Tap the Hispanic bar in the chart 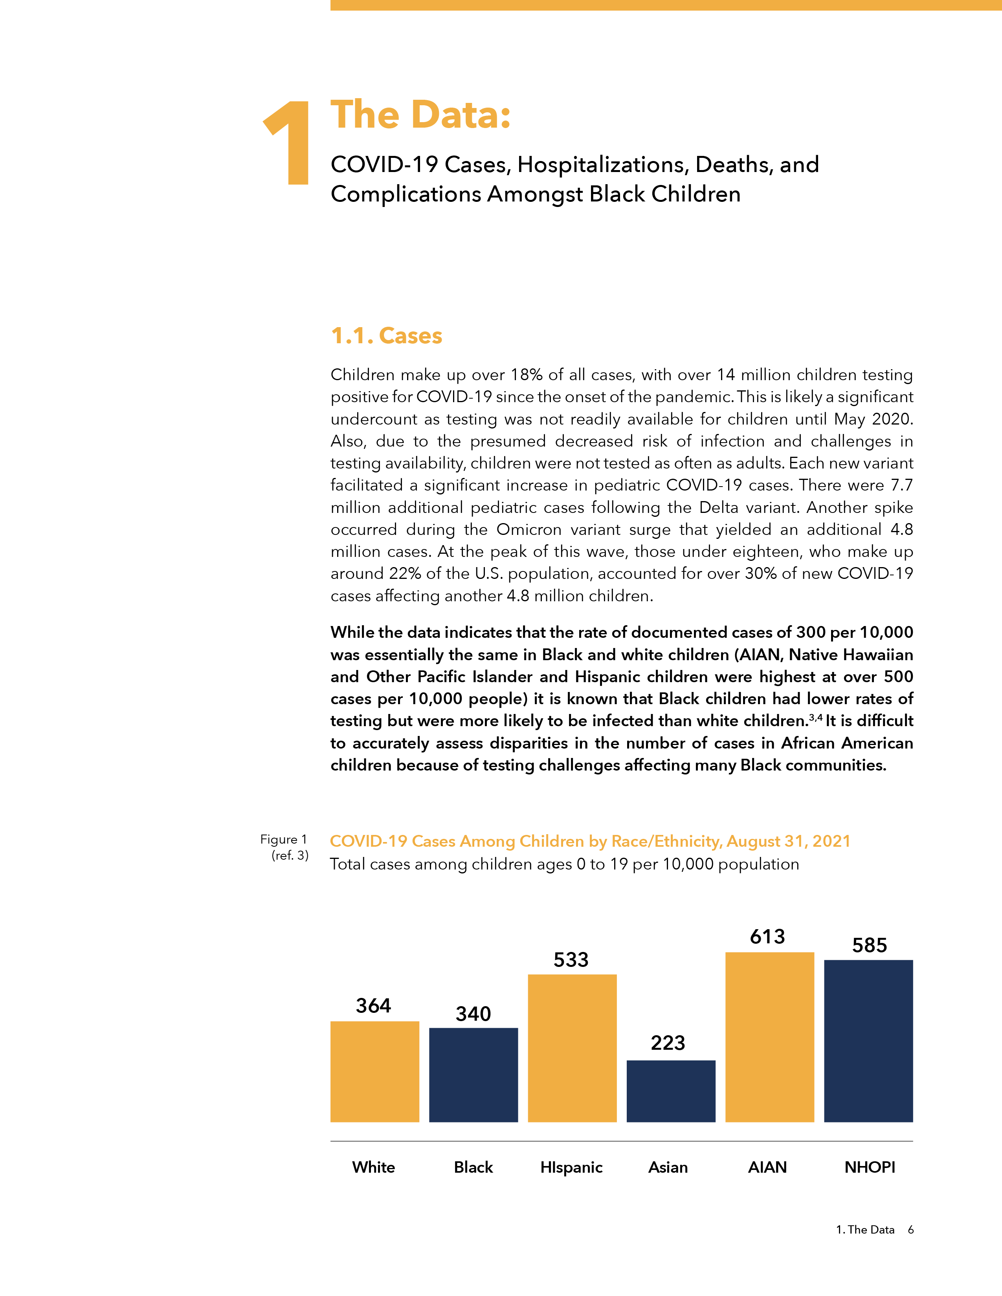(x=572, y=1048)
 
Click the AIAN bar (x=769, y=1037)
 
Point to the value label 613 (x=767, y=936)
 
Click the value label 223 (x=668, y=1043)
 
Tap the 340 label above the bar (x=473, y=1014)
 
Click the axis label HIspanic (x=571, y=1167)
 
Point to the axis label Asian (x=668, y=1167)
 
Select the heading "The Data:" (x=420, y=115)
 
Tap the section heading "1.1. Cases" (x=386, y=336)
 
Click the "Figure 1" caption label (x=283, y=839)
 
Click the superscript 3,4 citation (x=816, y=718)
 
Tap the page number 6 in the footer (x=910, y=1230)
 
